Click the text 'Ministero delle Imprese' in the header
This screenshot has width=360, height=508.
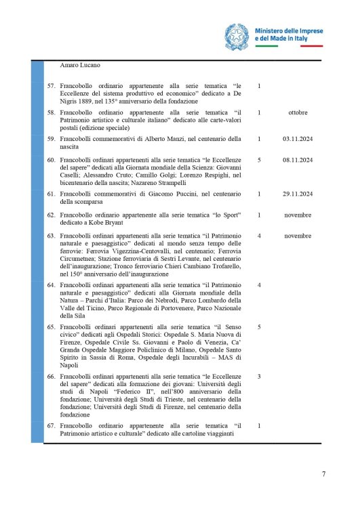coord(288,31)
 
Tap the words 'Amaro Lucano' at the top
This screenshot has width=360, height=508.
coord(80,66)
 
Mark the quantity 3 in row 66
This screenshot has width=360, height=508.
coord(260,375)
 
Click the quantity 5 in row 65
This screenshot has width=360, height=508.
coord(260,326)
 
